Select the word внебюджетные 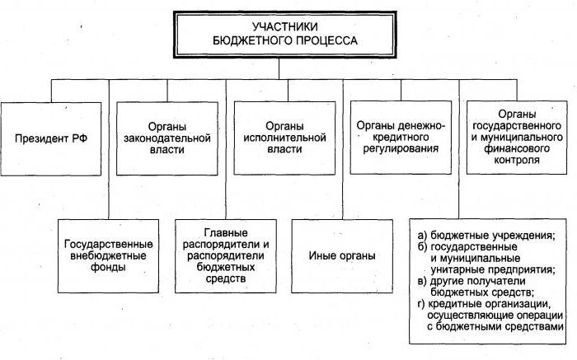click(108, 255)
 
